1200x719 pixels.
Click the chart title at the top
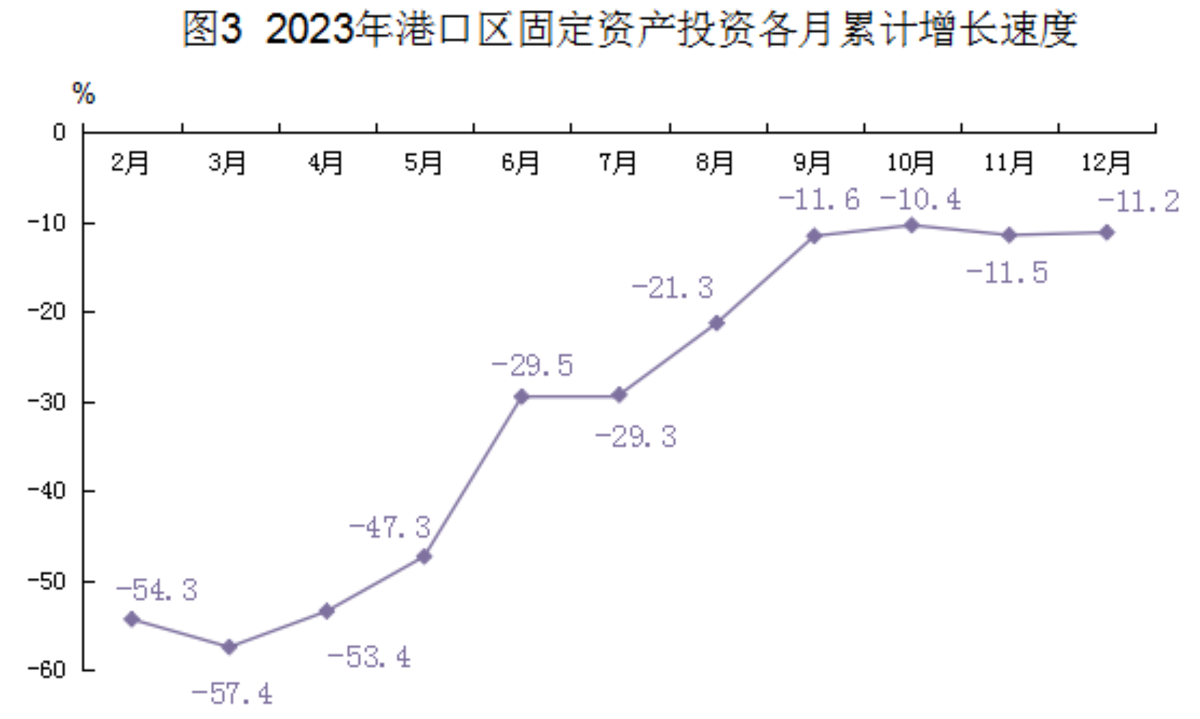[x=629, y=30]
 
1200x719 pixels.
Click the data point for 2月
[x=132, y=619]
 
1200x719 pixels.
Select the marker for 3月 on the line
[x=229, y=647]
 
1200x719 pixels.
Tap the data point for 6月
[x=522, y=397]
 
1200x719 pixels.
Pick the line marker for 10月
[x=912, y=226]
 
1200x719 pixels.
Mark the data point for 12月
[x=1106, y=232]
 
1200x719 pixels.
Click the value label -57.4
[x=232, y=694]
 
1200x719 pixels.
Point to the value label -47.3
[x=389, y=528]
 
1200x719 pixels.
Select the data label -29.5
[x=532, y=366]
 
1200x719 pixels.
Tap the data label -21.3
[x=672, y=289]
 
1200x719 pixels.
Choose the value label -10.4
[x=920, y=199]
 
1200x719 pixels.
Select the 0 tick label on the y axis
[x=59, y=132]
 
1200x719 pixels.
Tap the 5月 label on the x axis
[x=423, y=163]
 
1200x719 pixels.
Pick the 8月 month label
[x=715, y=163]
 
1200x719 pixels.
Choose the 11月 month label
[x=1008, y=163]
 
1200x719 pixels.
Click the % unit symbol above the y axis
[x=83, y=94]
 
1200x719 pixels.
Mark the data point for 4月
[x=327, y=611]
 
